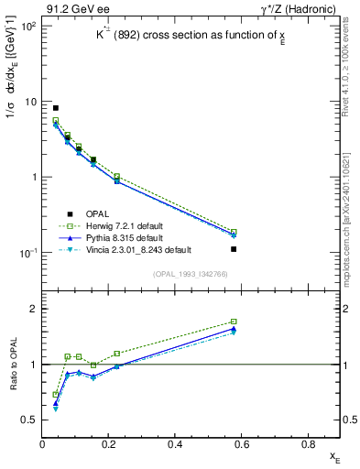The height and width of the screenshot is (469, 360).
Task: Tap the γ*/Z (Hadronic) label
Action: pyautogui.click(x=301, y=9)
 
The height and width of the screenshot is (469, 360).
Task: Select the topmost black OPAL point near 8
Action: pyautogui.click(x=56, y=108)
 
